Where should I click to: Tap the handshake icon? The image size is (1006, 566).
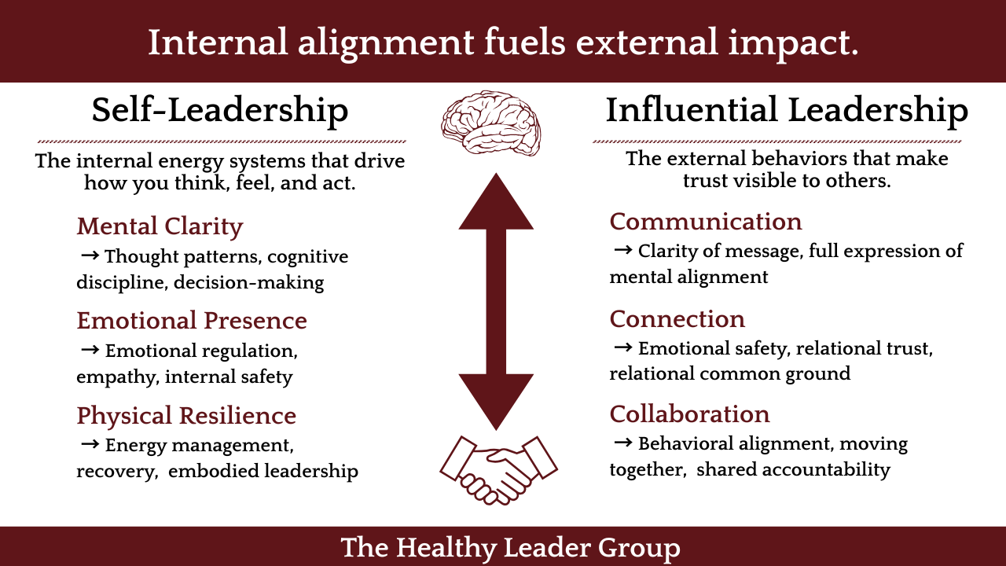tap(497, 470)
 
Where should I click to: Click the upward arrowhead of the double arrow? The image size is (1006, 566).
tap(496, 203)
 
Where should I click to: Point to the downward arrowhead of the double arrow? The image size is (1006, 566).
tap(496, 399)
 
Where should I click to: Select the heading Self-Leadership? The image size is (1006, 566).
tap(219, 110)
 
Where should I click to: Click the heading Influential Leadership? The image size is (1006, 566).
tap(786, 110)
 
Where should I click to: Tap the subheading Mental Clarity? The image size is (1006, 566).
tap(160, 226)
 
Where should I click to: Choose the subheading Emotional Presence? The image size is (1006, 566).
tap(192, 321)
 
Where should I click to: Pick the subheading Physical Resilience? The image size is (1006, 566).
tap(186, 415)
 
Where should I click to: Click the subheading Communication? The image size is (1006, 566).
tap(706, 222)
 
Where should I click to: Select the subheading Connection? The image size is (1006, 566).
tap(677, 319)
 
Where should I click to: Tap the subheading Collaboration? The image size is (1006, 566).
tap(689, 414)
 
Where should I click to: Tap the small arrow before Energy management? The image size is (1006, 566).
tap(90, 445)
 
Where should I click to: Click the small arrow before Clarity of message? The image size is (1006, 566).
tap(622, 250)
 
